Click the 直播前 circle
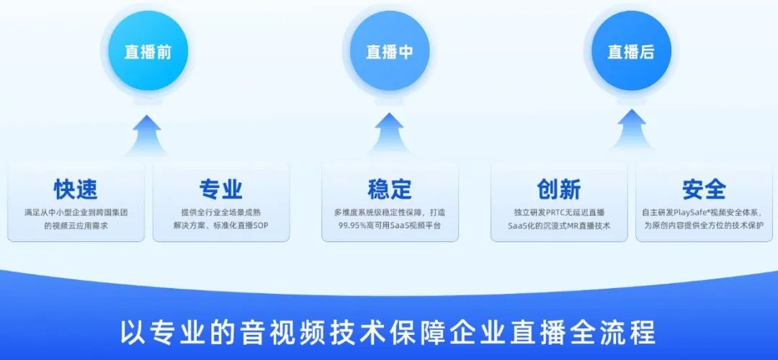[x=147, y=53]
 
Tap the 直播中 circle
[x=389, y=53]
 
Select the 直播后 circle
[x=631, y=53]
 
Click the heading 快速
[x=76, y=189]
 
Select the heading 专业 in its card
[x=220, y=189]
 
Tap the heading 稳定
[x=390, y=189]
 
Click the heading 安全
[x=704, y=189]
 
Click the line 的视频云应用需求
[x=76, y=226]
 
